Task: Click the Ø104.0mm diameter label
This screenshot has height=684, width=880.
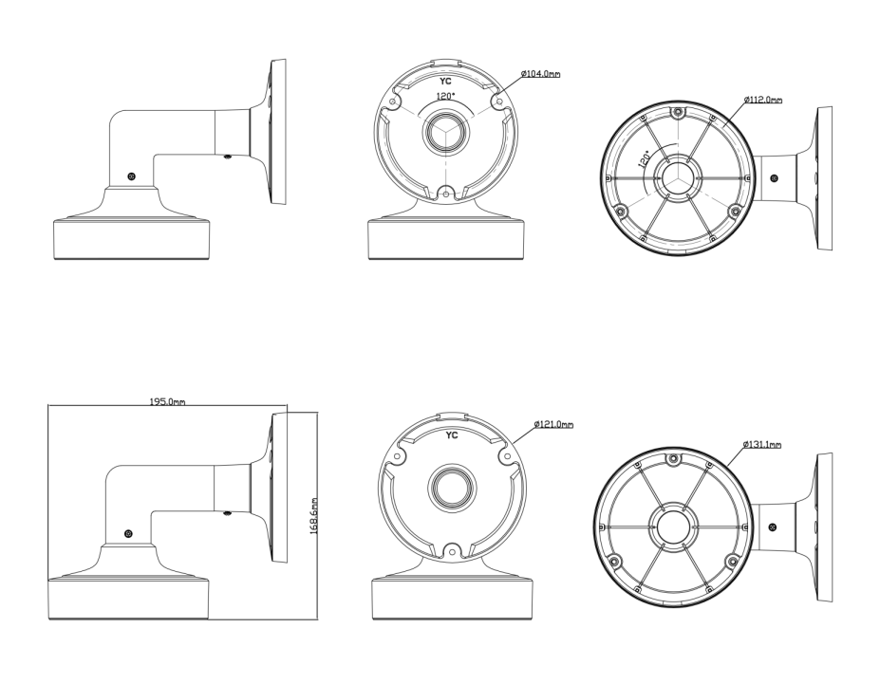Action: point(538,73)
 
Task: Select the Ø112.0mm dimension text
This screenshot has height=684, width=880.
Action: point(762,99)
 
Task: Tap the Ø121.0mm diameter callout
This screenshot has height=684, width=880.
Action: point(553,424)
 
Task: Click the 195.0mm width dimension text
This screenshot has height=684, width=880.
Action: point(167,401)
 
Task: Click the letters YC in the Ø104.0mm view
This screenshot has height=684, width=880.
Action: point(445,82)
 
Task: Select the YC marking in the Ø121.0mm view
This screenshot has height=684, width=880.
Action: point(452,435)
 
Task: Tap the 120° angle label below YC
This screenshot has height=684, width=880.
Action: point(444,96)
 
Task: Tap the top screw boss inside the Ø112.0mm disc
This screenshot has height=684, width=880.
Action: point(676,114)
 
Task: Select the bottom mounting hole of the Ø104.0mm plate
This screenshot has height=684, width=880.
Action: point(444,193)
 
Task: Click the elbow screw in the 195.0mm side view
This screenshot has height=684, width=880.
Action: point(128,535)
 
